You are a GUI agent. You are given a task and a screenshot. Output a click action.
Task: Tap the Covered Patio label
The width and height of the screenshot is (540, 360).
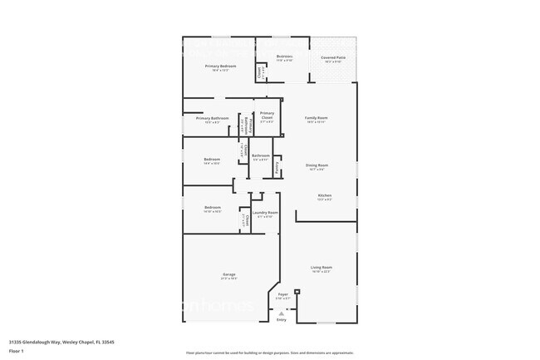pyautogui.click(x=333, y=57)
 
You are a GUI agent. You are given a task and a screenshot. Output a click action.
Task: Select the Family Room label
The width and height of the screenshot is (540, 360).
pyautogui.click(x=317, y=118)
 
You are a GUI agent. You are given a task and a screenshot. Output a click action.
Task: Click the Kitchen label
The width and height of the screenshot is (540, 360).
pyautogui.click(x=325, y=195)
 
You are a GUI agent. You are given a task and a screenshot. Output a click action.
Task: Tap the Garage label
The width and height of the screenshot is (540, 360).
pyautogui.click(x=228, y=274)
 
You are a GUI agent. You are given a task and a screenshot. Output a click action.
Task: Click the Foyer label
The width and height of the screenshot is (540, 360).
pyautogui.click(x=283, y=293)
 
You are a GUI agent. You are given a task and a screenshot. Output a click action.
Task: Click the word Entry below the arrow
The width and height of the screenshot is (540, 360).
pyautogui.click(x=281, y=319)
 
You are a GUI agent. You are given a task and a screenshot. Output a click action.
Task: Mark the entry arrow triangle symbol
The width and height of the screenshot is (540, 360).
pyautogui.click(x=281, y=312)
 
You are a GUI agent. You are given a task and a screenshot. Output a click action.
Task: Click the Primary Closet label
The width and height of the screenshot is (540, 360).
pyautogui.click(x=267, y=115)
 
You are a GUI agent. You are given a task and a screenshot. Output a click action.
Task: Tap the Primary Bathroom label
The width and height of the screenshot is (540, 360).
pyautogui.click(x=212, y=118)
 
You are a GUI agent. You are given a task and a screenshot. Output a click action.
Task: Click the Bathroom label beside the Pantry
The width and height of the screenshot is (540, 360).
pyautogui.click(x=261, y=155)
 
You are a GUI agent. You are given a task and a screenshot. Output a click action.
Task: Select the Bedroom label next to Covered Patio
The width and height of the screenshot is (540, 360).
pyautogui.click(x=284, y=57)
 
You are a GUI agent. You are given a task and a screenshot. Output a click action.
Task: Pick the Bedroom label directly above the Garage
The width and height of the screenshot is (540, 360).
pyautogui.click(x=213, y=207)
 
